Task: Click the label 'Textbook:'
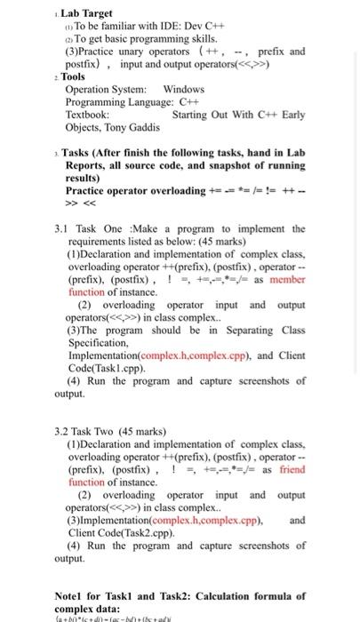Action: [88, 116]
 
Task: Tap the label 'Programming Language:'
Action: [110, 102]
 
